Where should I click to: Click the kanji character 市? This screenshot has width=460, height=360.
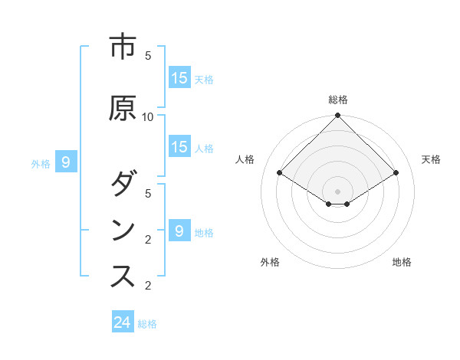pos(123,47)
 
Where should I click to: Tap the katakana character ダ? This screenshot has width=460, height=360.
pos(123,185)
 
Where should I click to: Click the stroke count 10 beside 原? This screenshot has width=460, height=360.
pos(149,117)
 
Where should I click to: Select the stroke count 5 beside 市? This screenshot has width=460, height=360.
pos(149,56)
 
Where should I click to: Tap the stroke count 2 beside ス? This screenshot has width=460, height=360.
pos(149,286)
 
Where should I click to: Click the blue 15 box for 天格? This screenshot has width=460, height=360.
pos(179,78)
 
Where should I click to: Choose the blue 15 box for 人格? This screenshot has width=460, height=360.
pos(179,147)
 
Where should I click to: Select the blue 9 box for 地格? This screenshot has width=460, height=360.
pos(179,231)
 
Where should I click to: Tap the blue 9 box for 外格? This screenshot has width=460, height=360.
pos(66,162)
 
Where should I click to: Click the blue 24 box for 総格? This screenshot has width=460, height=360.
pos(123,322)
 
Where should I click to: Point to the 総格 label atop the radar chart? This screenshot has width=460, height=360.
pos(338,100)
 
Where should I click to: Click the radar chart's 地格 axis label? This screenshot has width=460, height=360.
pos(402,262)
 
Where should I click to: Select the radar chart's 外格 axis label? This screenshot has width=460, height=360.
pos(270,262)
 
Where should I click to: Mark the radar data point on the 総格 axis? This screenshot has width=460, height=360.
pos(338,116)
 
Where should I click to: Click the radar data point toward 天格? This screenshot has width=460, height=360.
pos(396,173)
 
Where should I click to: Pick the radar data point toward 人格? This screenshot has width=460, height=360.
pos(279,173)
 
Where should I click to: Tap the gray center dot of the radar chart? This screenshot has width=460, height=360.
pos(338,191)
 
